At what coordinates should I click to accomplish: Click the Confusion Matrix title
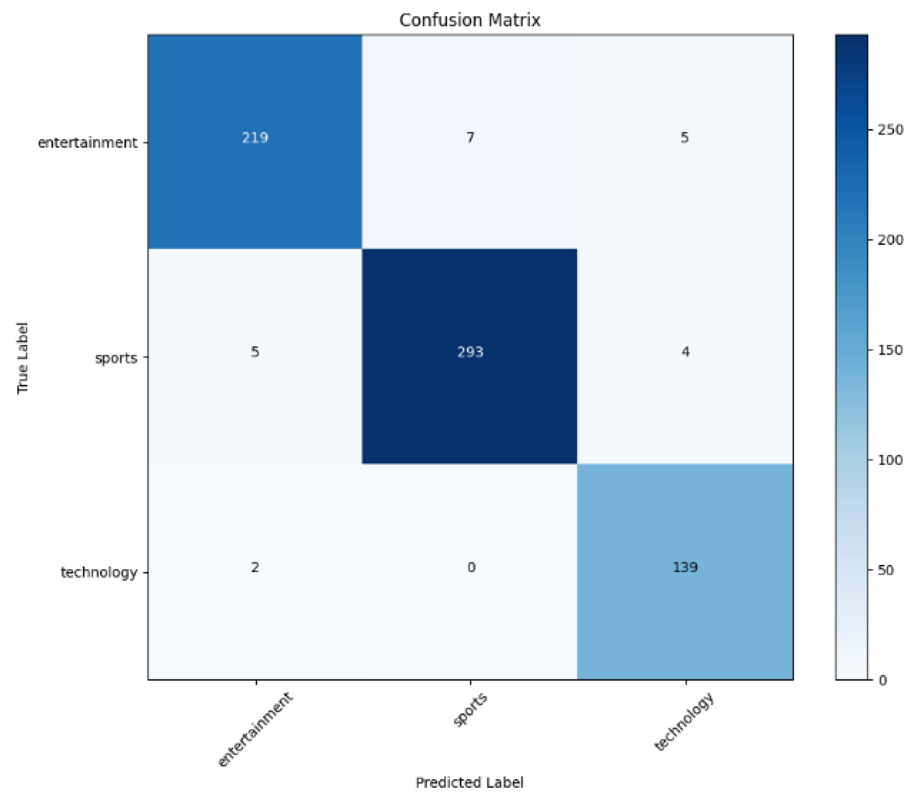pyautogui.click(x=469, y=20)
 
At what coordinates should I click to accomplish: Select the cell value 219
pyautogui.click(x=255, y=138)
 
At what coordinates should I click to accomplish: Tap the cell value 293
pyautogui.click(x=470, y=352)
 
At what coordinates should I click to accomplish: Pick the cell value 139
pyautogui.click(x=685, y=567)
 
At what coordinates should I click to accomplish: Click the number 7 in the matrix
pyautogui.click(x=470, y=138)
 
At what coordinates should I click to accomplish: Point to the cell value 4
pyautogui.click(x=685, y=352)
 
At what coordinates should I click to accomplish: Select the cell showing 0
pyautogui.click(x=471, y=568)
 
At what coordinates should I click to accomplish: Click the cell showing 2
pyautogui.click(x=255, y=568)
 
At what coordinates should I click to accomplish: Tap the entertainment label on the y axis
pyautogui.click(x=87, y=143)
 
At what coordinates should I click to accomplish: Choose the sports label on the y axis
pyautogui.click(x=116, y=358)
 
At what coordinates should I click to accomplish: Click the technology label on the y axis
pyautogui.click(x=99, y=573)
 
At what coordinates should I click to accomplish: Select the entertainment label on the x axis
pyautogui.click(x=255, y=729)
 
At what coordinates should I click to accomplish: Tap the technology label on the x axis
pyautogui.click(x=684, y=721)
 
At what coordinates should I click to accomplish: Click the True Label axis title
pyautogui.click(x=23, y=358)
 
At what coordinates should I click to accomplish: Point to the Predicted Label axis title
pyautogui.click(x=469, y=783)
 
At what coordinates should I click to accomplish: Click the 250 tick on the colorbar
pyautogui.click(x=890, y=130)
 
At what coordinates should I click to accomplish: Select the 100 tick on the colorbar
pyautogui.click(x=890, y=460)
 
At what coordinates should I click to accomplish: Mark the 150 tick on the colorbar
pyautogui.click(x=890, y=350)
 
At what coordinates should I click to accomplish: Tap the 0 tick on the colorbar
pyautogui.click(x=883, y=681)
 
